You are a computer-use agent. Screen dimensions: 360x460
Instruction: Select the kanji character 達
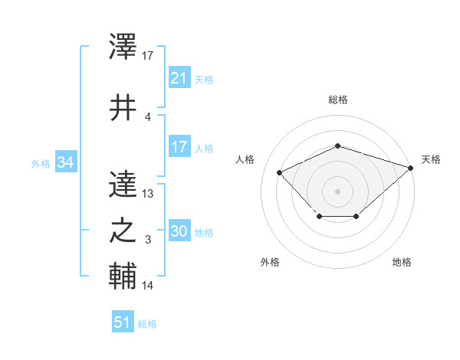[123, 184]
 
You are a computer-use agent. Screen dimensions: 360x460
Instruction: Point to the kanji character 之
[123, 231]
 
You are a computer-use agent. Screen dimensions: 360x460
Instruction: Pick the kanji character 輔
[123, 276]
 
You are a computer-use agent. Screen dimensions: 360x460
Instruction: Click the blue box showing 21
[179, 78]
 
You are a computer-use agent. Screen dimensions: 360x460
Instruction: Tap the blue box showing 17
[179, 147]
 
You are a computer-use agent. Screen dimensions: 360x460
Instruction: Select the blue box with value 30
[179, 232]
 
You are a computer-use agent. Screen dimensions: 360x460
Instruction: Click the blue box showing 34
[65, 162]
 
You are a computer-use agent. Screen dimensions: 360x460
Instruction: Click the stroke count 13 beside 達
[148, 194]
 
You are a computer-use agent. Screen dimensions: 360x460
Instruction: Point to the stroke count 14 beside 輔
[148, 286]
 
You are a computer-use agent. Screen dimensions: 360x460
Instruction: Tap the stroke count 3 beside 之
[148, 241]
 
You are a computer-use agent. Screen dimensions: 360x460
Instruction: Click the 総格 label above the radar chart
[338, 100]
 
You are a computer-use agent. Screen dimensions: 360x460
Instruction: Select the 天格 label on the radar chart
[431, 159]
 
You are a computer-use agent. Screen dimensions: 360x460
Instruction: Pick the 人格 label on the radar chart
[245, 159]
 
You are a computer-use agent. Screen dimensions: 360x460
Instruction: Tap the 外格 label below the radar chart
[270, 263]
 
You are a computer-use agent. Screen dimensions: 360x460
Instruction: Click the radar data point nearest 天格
[411, 167]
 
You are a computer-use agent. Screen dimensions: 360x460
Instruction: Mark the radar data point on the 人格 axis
[280, 172]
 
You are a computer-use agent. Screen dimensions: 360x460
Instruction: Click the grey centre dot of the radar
[338, 191]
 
